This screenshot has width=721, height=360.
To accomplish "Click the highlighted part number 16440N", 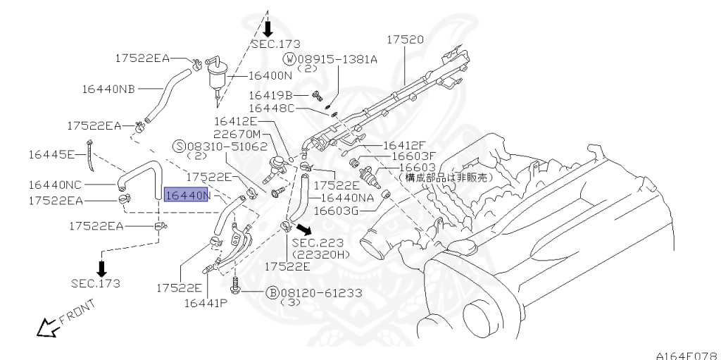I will pos(187,194).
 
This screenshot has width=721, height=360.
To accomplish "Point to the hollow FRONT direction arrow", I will pos(46,327).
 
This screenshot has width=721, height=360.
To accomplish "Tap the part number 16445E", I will pos(51,153).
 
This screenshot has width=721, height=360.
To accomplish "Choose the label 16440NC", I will pos(56,185).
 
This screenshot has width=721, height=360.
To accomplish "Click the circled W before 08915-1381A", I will pos(289,59).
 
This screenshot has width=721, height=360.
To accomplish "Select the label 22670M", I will pos(237,134).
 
